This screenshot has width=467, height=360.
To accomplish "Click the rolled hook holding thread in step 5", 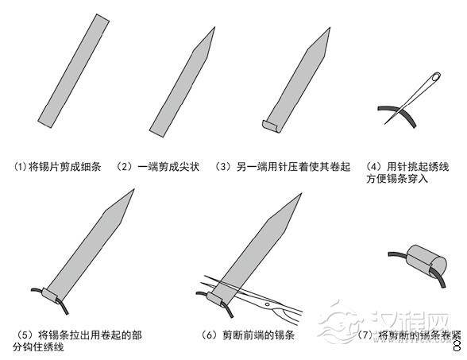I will (x=52, y=298).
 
